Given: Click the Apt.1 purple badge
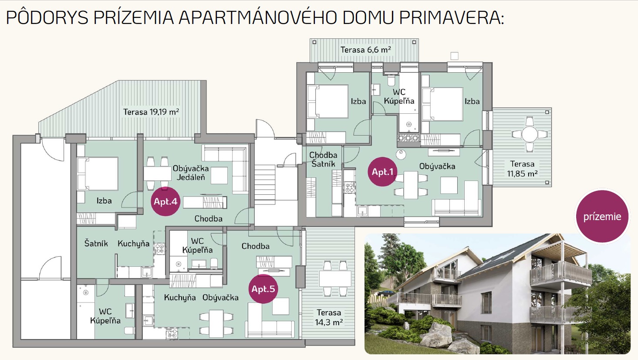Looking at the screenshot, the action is [382, 172].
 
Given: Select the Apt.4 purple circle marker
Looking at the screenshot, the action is [165, 201].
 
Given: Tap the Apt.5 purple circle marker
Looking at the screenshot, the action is [263, 289].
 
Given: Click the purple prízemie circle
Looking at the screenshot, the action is [602, 216].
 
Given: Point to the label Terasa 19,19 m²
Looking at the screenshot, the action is [151, 112].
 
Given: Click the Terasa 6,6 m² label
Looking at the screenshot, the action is [366, 50].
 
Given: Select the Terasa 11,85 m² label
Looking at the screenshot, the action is [522, 169].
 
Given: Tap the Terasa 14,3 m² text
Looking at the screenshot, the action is [329, 317].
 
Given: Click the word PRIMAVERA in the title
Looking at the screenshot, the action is [452, 18].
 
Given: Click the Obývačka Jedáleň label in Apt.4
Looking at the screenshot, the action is [191, 173].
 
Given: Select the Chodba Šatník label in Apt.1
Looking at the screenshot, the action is [323, 160].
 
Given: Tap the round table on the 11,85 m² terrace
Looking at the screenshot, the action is [530, 134].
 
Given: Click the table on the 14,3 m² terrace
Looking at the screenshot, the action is [335, 278].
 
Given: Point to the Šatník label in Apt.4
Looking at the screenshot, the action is [96, 244].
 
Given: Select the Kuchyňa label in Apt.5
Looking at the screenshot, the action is [180, 298].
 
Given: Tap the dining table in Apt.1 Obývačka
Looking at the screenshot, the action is [411, 185].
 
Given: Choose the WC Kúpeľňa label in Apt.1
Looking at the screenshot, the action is [399, 97].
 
